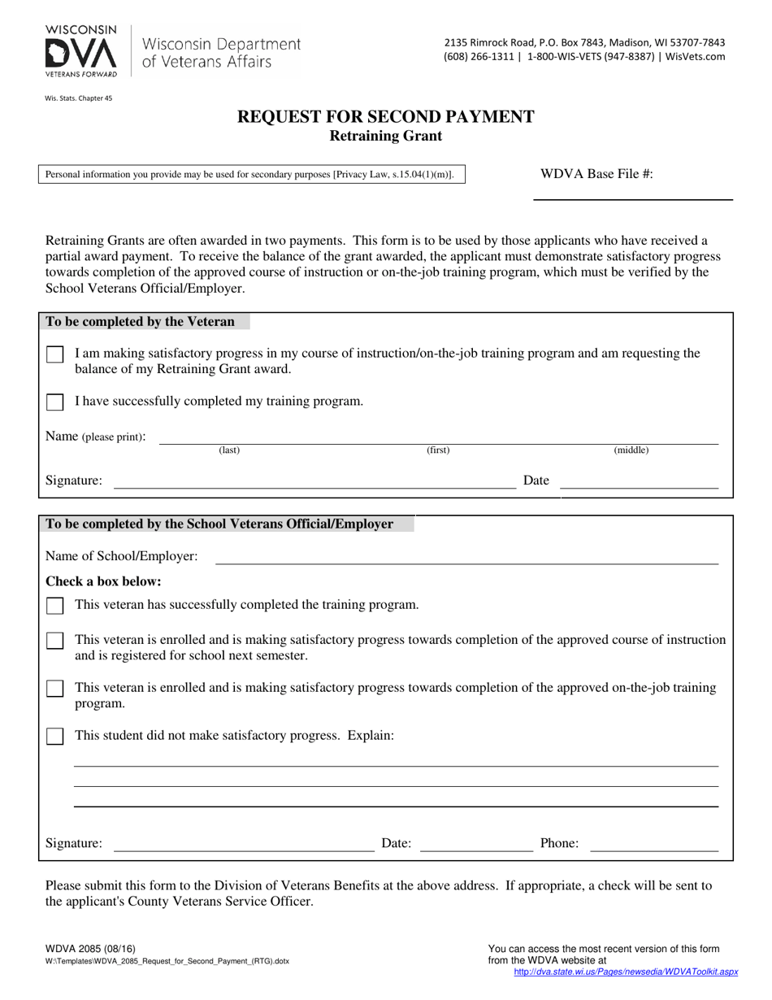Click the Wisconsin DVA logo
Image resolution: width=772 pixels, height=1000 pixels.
click(81, 51)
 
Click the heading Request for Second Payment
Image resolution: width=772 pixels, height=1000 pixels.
click(385, 116)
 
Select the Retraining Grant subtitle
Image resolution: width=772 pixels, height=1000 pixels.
click(385, 136)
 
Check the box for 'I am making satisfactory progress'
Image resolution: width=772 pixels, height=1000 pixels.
click(54, 355)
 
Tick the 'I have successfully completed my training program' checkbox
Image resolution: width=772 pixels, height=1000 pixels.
click(54, 402)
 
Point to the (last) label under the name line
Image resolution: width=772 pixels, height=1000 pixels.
click(229, 450)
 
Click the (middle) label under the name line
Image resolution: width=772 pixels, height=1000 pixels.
click(631, 450)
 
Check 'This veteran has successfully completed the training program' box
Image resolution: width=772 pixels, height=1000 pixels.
click(54, 607)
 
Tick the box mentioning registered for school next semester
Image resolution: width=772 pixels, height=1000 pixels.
click(54, 641)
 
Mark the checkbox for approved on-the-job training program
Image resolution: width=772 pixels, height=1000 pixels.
click(54, 689)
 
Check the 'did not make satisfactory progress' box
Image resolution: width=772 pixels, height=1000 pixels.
click(54, 737)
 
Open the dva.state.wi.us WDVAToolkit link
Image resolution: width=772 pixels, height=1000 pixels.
click(626, 972)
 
